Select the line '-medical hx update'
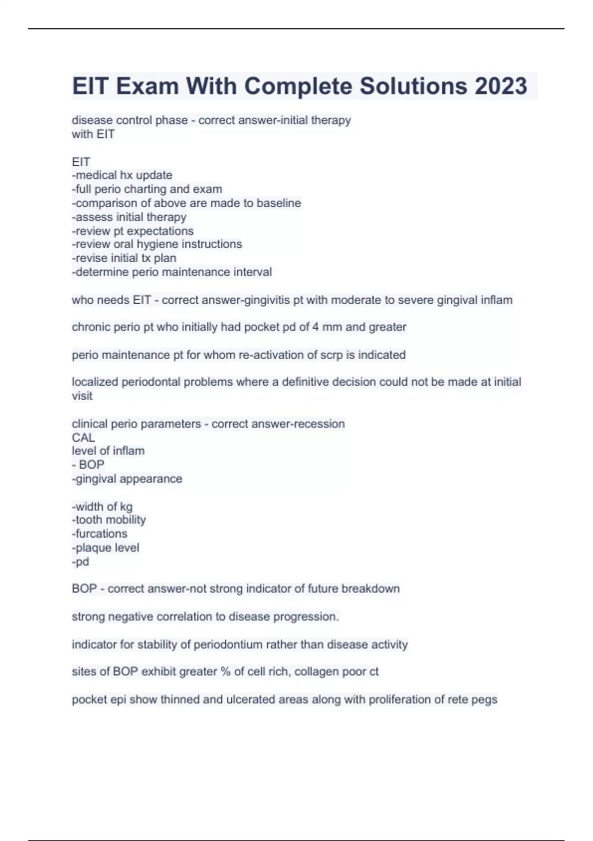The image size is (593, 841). tap(122, 175)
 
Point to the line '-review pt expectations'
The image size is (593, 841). tap(132, 231)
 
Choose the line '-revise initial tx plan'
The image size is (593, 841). tap(124, 258)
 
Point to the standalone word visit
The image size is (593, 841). tap(82, 396)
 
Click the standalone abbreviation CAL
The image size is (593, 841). tap(83, 437)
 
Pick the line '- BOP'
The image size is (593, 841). tap(88, 465)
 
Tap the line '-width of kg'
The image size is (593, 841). tap(102, 506)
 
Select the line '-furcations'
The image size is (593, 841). tap(99, 533)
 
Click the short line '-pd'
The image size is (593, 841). tap(81, 561)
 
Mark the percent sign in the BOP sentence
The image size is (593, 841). tap(226, 671)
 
